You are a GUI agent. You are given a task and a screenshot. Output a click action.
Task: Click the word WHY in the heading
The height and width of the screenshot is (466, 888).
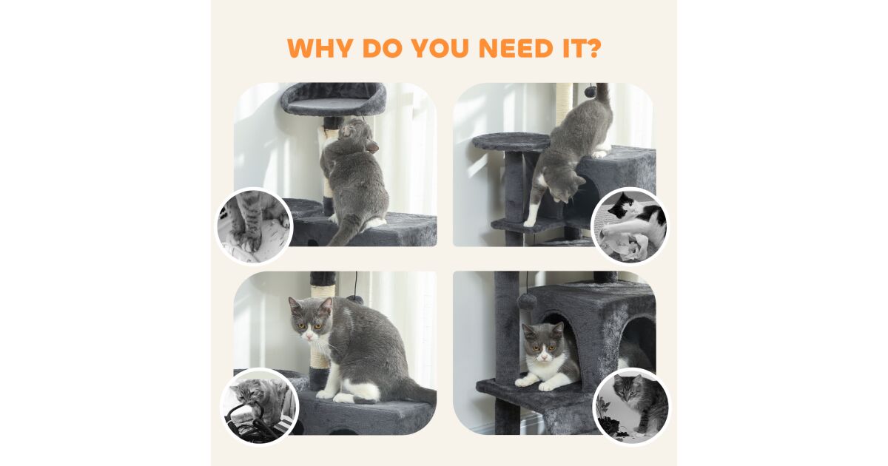[x=320, y=48]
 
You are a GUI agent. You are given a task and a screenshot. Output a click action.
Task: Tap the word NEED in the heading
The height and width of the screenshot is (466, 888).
[x=516, y=48]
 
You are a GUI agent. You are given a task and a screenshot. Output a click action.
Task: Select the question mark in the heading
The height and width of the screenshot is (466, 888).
[x=592, y=48]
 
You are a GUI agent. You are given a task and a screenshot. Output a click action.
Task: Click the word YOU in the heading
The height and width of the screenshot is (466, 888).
[x=440, y=48]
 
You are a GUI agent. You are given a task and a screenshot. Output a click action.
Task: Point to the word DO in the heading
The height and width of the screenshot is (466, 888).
[x=381, y=48]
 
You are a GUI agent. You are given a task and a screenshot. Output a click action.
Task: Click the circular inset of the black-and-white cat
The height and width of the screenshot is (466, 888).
[x=630, y=226]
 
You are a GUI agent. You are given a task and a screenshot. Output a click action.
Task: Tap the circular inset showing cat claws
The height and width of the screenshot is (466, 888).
[x=254, y=226]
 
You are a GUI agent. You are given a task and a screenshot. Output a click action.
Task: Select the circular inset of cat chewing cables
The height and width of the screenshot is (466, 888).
[x=260, y=407]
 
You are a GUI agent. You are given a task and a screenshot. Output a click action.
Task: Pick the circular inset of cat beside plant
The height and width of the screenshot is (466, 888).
[x=632, y=407]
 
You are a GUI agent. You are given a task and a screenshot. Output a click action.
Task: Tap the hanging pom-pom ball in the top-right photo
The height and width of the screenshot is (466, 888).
[x=590, y=92]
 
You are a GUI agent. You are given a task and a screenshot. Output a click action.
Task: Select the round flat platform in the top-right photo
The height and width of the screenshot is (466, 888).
[x=511, y=142]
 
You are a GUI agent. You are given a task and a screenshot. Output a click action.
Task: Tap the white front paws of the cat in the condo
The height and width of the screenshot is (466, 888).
[x=540, y=382]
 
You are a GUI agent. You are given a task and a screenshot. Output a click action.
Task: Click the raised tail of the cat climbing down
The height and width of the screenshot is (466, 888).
[x=603, y=97]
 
